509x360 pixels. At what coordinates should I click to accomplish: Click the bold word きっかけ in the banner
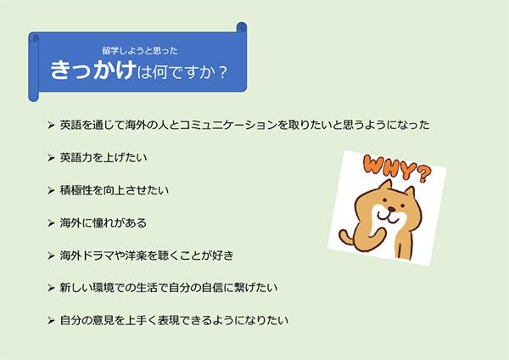coord(92,70)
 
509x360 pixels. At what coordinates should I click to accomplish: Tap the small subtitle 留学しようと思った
coord(140,51)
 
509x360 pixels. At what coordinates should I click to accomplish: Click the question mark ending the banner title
coord(222,72)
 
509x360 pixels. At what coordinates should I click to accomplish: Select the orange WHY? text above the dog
coord(397,168)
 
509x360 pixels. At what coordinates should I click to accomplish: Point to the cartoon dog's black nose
coord(392,209)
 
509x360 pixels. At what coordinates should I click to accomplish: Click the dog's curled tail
coord(346,236)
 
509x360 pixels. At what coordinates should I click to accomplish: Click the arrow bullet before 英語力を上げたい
coord(51,158)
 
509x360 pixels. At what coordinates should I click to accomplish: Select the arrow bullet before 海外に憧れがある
coord(51,223)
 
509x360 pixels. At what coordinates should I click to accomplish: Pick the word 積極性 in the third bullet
coord(76,190)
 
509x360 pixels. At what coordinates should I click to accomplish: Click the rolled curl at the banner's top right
coord(242,27)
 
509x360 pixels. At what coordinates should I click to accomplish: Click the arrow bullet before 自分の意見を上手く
coord(51,321)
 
